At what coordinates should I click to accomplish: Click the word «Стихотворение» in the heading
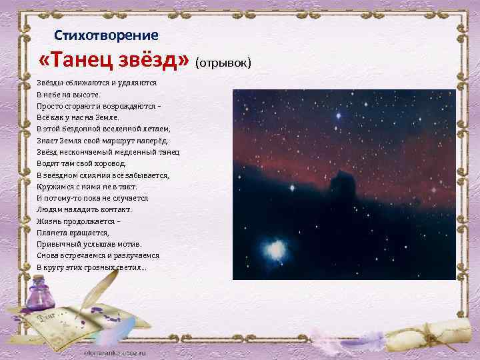(x=106, y=34)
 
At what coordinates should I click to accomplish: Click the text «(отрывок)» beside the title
(x=224, y=63)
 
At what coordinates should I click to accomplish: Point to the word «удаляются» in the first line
(x=136, y=83)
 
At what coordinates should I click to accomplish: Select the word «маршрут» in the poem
(x=129, y=141)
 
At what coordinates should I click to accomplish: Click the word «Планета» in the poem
(x=53, y=233)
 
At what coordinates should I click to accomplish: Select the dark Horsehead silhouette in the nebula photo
(x=344, y=182)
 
